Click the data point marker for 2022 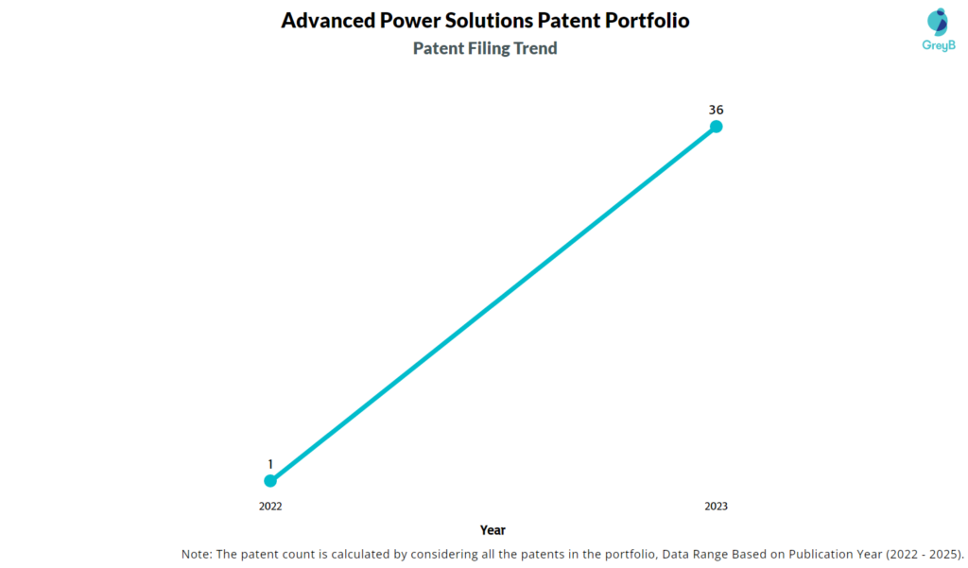pos(270,480)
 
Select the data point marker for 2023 pos(717,127)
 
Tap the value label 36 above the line pos(717,110)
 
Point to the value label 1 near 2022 pos(270,464)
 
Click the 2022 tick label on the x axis pos(270,507)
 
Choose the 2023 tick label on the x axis pos(717,507)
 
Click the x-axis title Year pos(493,530)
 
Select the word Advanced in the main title pos(326,20)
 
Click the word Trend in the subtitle pos(536,48)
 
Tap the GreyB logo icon pos(938,23)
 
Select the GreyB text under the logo pos(938,45)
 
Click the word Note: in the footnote pos(199,554)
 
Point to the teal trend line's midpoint pos(493,303)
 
